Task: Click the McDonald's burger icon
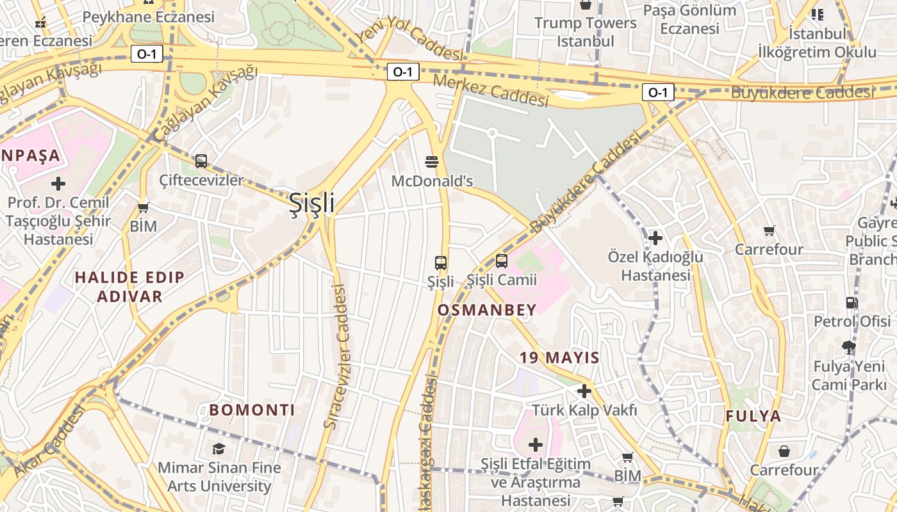[432, 161]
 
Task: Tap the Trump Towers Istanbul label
[586, 32]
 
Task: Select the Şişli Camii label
[493, 280]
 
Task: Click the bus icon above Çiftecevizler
[201, 161]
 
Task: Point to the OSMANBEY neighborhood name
[487, 310]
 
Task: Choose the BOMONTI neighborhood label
[252, 410]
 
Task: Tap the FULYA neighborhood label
[753, 416]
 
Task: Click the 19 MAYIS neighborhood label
[559, 358]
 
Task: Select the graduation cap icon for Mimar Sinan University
[219, 449]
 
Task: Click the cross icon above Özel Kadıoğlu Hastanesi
[655, 238]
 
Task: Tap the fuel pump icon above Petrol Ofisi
[852, 302]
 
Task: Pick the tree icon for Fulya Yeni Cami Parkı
[849, 348]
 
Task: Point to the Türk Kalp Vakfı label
[584, 410]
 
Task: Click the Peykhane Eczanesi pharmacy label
[149, 17]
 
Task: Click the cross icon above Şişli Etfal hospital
[535, 444]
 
